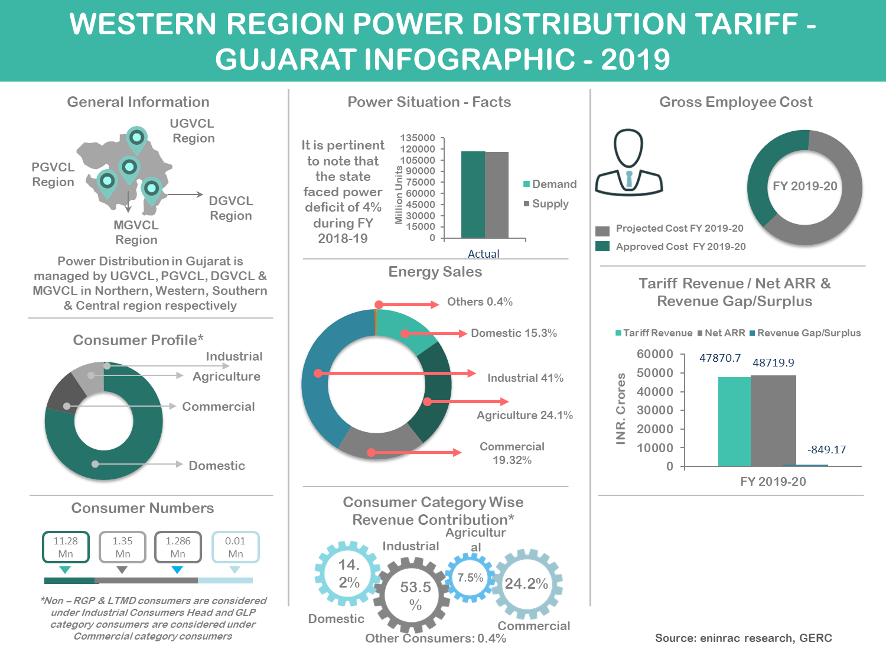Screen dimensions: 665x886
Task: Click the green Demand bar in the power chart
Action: (473, 194)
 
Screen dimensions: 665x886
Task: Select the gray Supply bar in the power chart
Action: (497, 194)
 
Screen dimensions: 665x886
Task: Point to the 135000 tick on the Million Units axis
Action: (418, 138)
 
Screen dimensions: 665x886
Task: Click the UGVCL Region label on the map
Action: (192, 131)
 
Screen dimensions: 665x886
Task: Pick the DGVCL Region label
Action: (231, 208)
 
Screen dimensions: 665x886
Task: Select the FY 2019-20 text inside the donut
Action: (805, 186)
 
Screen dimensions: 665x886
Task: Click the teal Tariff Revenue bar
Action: (734, 421)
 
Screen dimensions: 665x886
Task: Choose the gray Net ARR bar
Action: (773, 420)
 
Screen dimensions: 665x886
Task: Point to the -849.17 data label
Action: (826, 450)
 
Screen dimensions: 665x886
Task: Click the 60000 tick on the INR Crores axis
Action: (655, 354)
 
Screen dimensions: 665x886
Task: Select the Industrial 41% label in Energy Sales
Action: (525, 378)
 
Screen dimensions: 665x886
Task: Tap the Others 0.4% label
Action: (480, 302)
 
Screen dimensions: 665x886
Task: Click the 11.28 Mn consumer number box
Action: (66, 547)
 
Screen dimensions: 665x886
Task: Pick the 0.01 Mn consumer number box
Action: (235, 547)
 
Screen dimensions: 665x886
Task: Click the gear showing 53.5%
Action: (415, 595)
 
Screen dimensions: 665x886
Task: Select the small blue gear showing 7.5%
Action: (470, 578)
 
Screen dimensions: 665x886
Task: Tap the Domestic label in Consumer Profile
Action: (217, 466)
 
